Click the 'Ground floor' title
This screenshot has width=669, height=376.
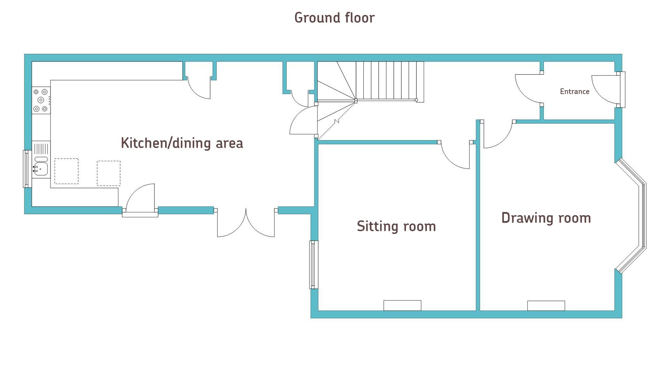click(x=334, y=18)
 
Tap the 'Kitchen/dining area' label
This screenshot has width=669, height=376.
click(x=182, y=143)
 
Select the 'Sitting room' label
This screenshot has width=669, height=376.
click(x=396, y=226)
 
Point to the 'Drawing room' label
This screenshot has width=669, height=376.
click(x=546, y=218)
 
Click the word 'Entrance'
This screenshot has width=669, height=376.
click(x=575, y=92)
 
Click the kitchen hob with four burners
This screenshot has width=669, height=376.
click(x=41, y=100)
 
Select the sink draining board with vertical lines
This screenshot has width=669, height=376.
click(x=41, y=149)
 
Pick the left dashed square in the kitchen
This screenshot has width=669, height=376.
click(x=66, y=171)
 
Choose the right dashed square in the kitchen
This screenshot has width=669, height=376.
click(x=108, y=173)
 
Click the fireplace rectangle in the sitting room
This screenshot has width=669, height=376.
click(x=402, y=305)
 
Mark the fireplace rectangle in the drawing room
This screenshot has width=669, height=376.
click(x=546, y=305)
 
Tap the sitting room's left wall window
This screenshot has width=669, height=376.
click(x=314, y=265)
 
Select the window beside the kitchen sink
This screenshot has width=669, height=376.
click(x=26, y=169)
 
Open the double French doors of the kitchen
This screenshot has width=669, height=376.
click(x=246, y=223)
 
